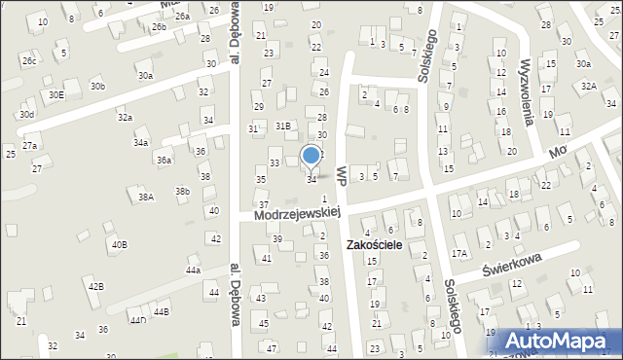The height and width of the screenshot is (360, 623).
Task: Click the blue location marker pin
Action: coord(311,156)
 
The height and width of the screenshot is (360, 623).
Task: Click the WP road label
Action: coord(341,174)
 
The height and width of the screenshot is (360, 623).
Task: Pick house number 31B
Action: coord(282,126)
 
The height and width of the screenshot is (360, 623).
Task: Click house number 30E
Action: coord(56,94)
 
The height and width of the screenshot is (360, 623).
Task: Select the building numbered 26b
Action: coord(159,27)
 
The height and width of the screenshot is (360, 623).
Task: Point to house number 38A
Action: coord(146,197)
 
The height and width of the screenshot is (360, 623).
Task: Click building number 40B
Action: coord(118,244)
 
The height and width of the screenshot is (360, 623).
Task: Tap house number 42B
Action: coord(95,286)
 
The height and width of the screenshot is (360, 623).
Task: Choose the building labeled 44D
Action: coord(137,320)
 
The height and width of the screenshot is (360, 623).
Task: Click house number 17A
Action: coord(459,253)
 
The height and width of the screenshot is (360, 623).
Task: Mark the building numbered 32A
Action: coord(588,86)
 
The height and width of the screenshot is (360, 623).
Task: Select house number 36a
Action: coord(165,161)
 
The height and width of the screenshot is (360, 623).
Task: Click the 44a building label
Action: coord(193,270)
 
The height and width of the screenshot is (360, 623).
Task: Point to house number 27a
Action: coord(30,145)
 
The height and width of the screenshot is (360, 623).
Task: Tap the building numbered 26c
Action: coord(29,60)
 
